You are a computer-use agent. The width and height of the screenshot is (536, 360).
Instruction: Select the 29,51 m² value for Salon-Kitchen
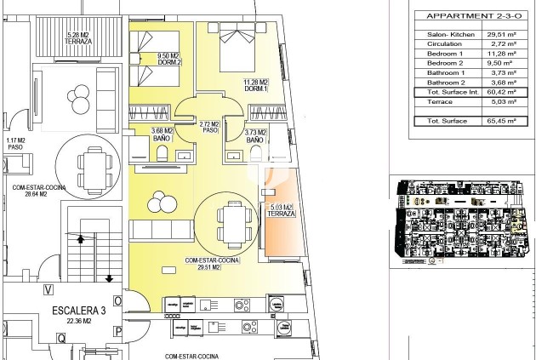(502, 35)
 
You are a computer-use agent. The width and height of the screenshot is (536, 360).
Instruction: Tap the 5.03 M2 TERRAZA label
(280, 210)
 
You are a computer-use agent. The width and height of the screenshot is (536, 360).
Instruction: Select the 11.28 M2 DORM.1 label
(256, 85)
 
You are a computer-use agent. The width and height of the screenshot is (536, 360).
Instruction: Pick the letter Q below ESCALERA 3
(61, 337)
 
